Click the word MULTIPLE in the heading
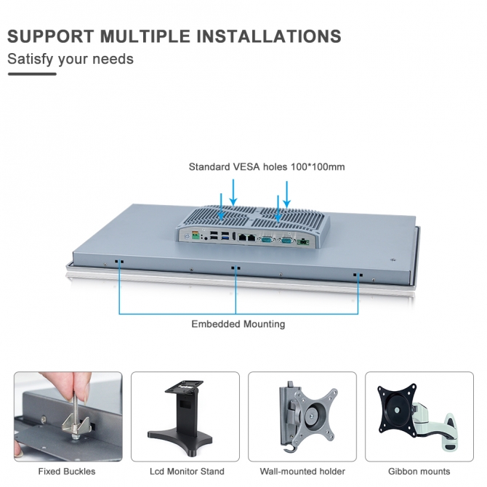click(x=146, y=36)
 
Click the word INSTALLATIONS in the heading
click(x=271, y=36)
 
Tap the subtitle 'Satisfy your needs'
click(x=71, y=59)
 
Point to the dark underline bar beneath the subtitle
click(x=31, y=73)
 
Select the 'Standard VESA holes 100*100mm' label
click(x=267, y=166)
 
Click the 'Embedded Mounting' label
click(x=238, y=323)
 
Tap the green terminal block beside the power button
click(x=194, y=236)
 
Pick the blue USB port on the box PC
click(x=226, y=236)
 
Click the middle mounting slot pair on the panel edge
click(x=234, y=267)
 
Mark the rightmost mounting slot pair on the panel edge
click(x=357, y=275)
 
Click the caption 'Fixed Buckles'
click(x=67, y=471)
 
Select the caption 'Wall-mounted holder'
click(x=302, y=471)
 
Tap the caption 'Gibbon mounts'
click(x=419, y=471)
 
